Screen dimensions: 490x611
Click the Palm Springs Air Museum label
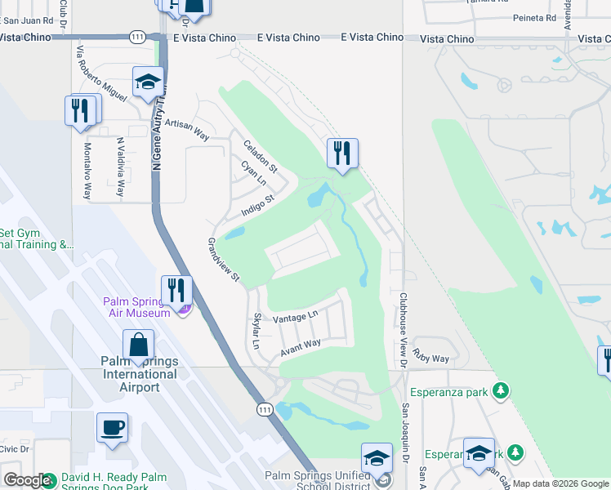(136, 306)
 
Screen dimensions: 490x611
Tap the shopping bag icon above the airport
(138, 346)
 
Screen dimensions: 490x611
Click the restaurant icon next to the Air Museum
(176, 290)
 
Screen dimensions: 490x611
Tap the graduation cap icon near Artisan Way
(148, 82)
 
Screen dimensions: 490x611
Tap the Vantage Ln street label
(295, 318)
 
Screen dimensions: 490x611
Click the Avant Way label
(301, 349)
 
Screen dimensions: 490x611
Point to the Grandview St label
(222, 261)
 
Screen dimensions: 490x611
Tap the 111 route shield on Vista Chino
(137, 37)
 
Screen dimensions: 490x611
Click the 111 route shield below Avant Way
(264, 409)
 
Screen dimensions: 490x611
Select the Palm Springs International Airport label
(139, 374)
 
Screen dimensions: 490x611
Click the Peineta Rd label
(534, 17)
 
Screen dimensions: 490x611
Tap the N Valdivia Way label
(120, 167)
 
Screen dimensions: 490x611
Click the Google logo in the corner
(27, 480)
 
